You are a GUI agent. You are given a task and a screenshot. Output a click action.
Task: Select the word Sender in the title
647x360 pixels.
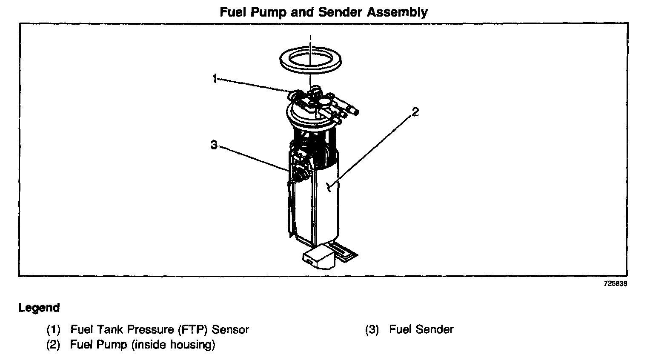(x=337, y=12)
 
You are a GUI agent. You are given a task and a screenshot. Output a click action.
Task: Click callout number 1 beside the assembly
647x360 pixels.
(x=215, y=79)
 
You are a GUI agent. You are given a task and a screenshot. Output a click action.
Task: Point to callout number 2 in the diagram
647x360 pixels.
(x=415, y=112)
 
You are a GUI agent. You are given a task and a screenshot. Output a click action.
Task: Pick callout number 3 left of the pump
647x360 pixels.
(x=214, y=146)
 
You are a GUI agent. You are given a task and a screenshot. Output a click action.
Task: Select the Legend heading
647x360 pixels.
(x=39, y=308)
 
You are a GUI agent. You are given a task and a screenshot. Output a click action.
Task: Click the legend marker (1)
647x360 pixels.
(x=53, y=330)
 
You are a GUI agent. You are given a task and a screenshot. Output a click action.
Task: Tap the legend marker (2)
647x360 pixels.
(x=53, y=345)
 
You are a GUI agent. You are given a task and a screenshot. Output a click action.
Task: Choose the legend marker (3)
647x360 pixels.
(x=372, y=330)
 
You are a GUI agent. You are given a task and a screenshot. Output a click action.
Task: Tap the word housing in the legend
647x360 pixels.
(x=192, y=345)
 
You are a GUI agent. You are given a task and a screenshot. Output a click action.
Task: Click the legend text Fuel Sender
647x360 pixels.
(x=421, y=330)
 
